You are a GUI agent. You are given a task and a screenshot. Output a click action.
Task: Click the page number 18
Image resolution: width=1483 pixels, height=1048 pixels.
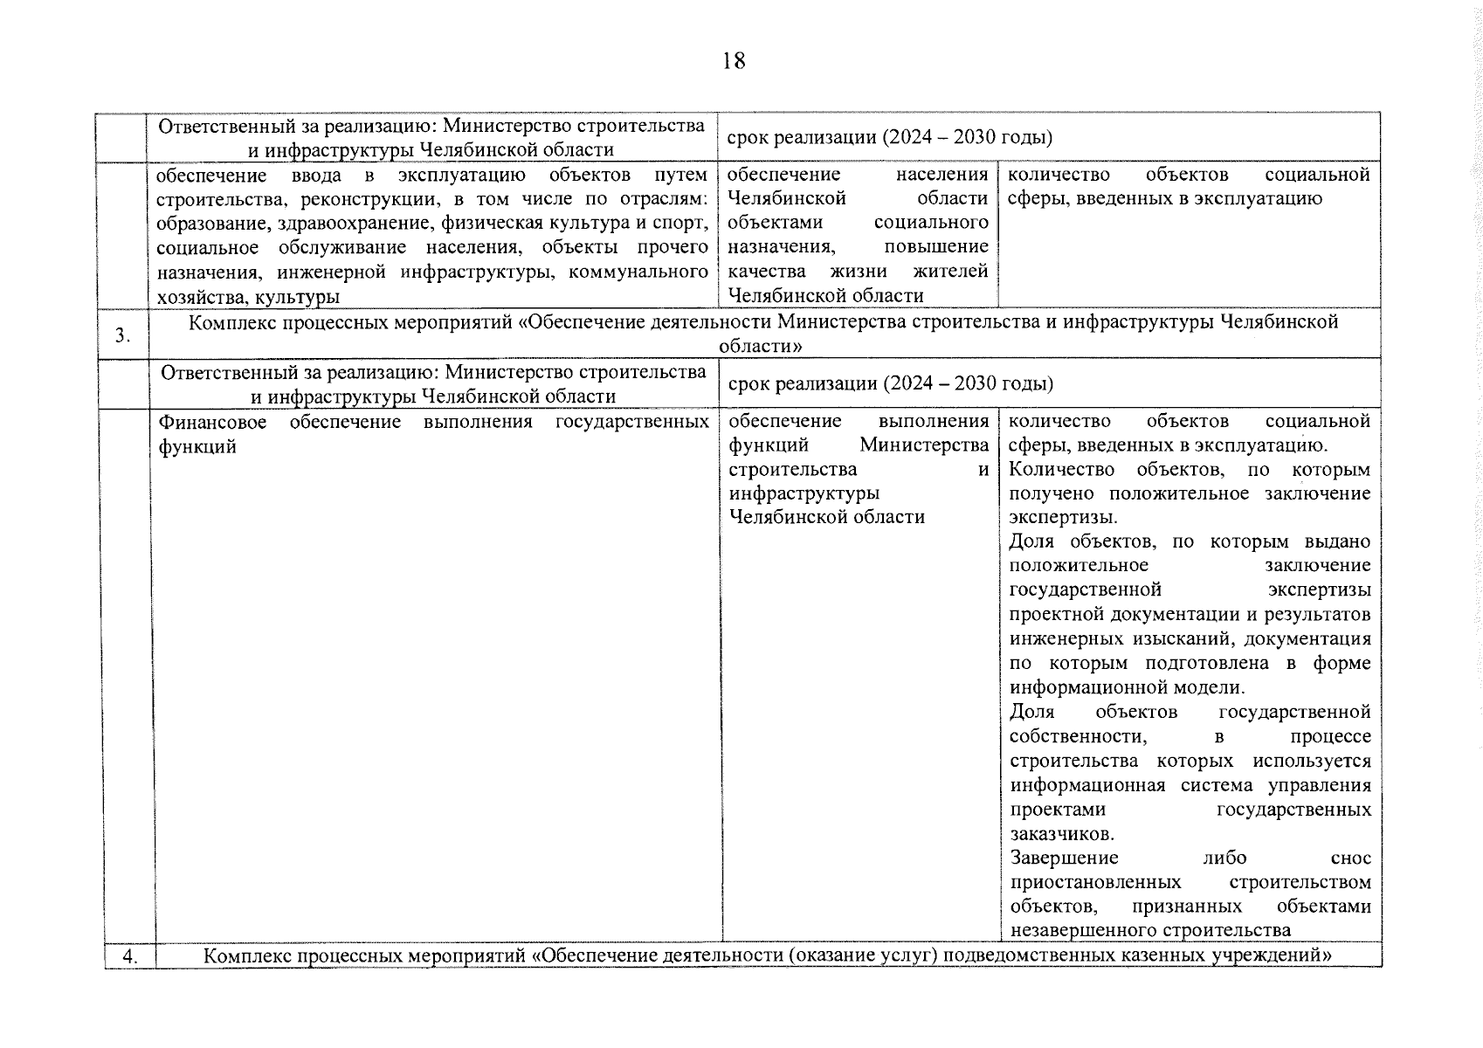click(734, 60)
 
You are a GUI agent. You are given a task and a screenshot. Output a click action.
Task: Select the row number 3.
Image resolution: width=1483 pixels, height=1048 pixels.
click(123, 334)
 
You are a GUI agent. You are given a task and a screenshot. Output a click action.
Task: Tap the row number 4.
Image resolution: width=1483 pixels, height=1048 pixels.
click(129, 955)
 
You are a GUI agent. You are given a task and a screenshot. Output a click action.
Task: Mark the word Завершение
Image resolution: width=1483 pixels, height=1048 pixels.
click(1063, 858)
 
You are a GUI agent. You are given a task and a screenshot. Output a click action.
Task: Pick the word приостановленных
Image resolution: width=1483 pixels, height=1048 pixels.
click(1095, 882)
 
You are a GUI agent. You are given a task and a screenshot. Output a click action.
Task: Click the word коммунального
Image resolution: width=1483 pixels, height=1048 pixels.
click(638, 272)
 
